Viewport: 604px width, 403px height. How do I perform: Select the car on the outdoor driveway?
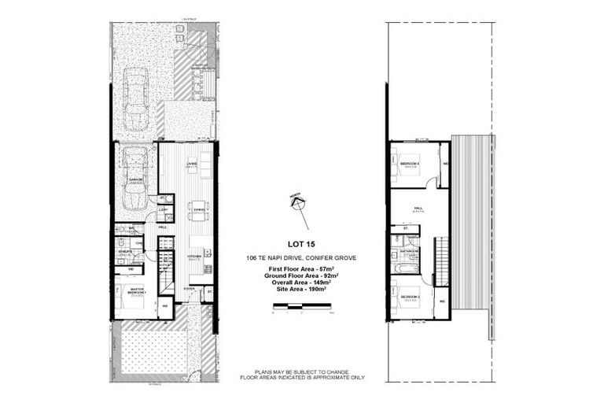pos(136,98)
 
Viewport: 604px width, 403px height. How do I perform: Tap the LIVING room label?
pos(191,164)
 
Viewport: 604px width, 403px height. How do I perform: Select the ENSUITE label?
pos(124,252)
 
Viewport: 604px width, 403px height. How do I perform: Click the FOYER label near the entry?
pos(189,289)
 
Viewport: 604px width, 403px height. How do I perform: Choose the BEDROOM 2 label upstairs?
pos(410,298)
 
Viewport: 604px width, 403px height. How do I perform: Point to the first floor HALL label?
pos(418,209)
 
